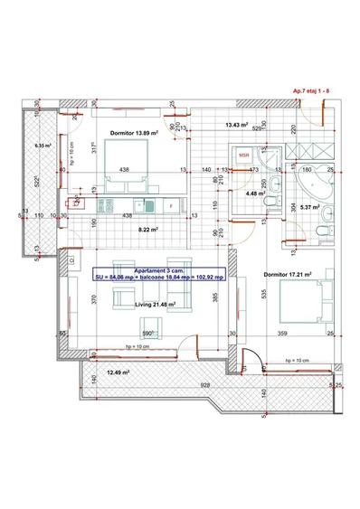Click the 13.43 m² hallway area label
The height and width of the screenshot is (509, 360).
click(236, 124)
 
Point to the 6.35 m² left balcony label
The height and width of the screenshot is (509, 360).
click(43, 145)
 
